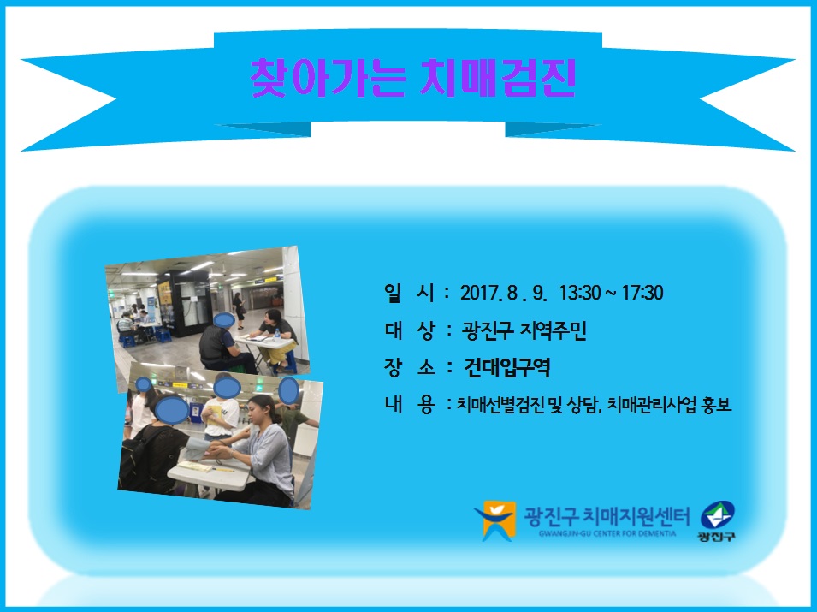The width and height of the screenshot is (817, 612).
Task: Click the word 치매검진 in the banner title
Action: click(x=498, y=78)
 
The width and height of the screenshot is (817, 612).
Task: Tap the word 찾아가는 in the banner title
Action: click(x=327, y=78)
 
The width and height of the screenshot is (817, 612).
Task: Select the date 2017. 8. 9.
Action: click(x=503, y=293)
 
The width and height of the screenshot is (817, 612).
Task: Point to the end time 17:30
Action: click(x=642, y=293)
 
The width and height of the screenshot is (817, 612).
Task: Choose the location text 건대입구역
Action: click(x=506, y=368)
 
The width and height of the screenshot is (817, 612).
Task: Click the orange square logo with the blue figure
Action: click(x=496, y=520)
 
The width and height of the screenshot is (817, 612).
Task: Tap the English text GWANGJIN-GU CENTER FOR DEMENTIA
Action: click(x=607, y=534)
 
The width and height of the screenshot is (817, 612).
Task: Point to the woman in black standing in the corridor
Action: click(x=239, y=311)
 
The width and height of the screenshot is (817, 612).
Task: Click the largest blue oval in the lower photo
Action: click(x=172, y=410)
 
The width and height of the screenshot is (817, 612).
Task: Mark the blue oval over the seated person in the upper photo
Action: click(x=225, y=320)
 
